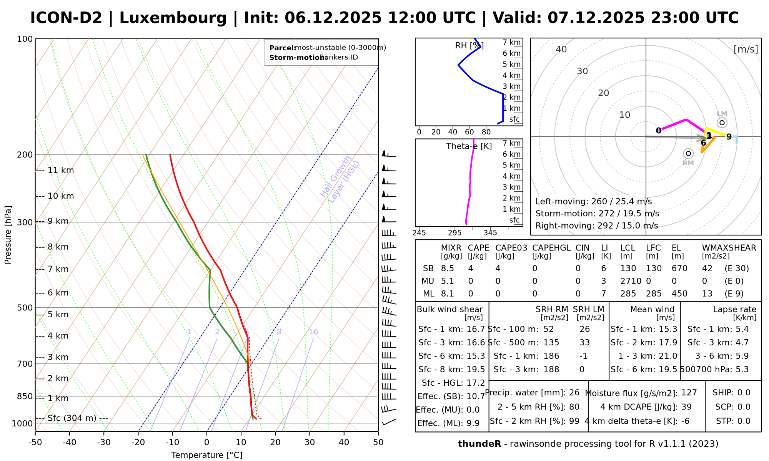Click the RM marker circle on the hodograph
pos(688,154)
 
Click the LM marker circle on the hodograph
pos(722,123)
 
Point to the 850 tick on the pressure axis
pos(25,396)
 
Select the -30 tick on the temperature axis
pos(104,442)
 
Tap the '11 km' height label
pos(60,170)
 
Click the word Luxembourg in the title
pos(173,18)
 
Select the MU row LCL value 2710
pos(631,281)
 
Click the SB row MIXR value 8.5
pos(448,268)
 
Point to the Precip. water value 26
pos(574,393)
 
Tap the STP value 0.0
pos(744,421)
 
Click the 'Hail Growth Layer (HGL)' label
pos(340,180)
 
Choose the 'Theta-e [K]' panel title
pos(469,146)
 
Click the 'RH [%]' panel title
pos(469,46)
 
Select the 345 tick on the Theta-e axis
pos(490,233)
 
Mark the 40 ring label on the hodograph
pos(561,49)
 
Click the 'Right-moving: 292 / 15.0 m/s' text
pos(596,226)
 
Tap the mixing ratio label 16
pos(313,332)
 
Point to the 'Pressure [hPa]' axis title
pos(8,235)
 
